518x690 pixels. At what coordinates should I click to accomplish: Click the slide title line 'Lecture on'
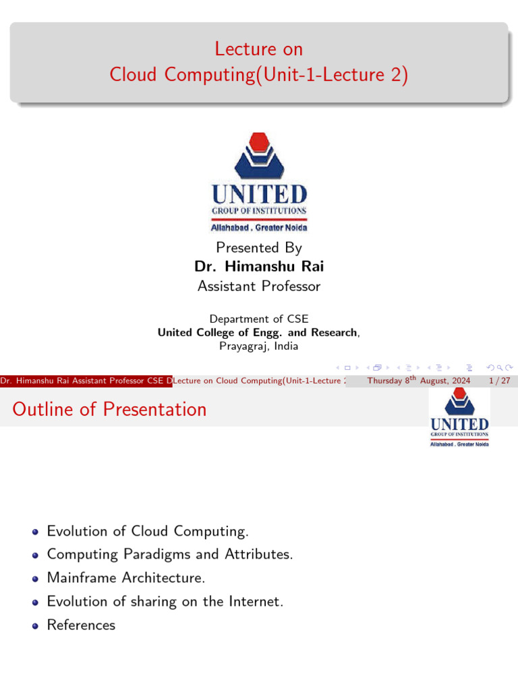point(259,49)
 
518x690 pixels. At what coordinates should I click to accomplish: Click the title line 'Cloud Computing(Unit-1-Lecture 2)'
point(259,75)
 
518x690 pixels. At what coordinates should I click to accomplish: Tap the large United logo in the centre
point(259,181)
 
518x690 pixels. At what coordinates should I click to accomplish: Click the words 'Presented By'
point(259,247)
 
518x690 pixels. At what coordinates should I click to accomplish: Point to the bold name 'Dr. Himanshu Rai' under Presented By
point(259,266)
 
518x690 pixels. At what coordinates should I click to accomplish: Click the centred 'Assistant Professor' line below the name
point(259,286)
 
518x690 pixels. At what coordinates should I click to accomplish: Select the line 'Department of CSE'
point(259,319)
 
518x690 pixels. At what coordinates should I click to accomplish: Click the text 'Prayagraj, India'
point(259,346)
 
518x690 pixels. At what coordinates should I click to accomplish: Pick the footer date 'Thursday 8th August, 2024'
point(418,381)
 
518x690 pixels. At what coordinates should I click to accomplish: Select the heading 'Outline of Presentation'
point(109,409)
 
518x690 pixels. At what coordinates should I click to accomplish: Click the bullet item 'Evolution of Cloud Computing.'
point(148,531)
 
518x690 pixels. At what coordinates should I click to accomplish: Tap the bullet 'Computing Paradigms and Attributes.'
point(170,555)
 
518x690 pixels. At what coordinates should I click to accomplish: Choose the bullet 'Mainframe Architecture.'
point(126,578)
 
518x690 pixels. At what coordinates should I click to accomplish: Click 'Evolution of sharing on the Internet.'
point(165,602)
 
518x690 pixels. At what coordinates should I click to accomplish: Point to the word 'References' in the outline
point(81,625)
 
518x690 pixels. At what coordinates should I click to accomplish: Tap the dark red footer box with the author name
point(86,381)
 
